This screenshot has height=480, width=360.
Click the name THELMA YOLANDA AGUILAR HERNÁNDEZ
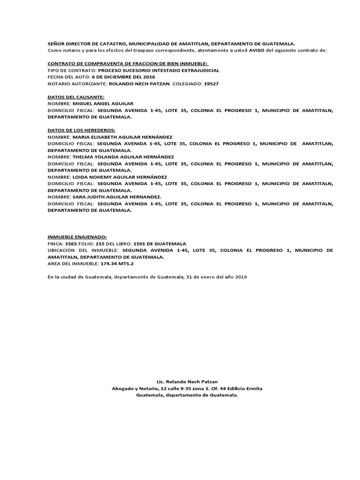point(123,157)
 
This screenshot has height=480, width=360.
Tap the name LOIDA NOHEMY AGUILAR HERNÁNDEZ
point(120,177)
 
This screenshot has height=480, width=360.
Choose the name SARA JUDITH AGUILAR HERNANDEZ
point(117,197)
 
